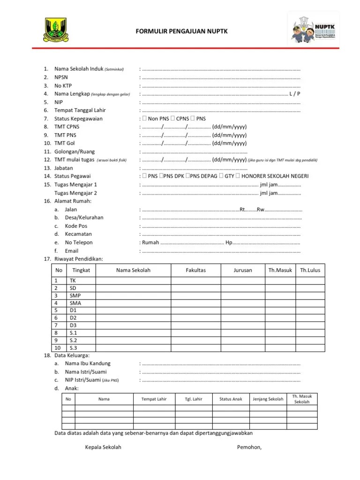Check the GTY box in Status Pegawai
click(222, 176)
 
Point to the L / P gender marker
click(295, 94)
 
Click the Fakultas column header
click(195, 270)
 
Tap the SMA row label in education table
click(75, 303)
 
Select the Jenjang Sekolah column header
click(268, 399)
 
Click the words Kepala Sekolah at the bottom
click(103, 447)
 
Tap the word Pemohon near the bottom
click(249, 447)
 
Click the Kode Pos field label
click(76, 226)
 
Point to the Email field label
click(71, 251)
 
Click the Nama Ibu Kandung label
click(88, 364)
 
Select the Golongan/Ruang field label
click(75, 151)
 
